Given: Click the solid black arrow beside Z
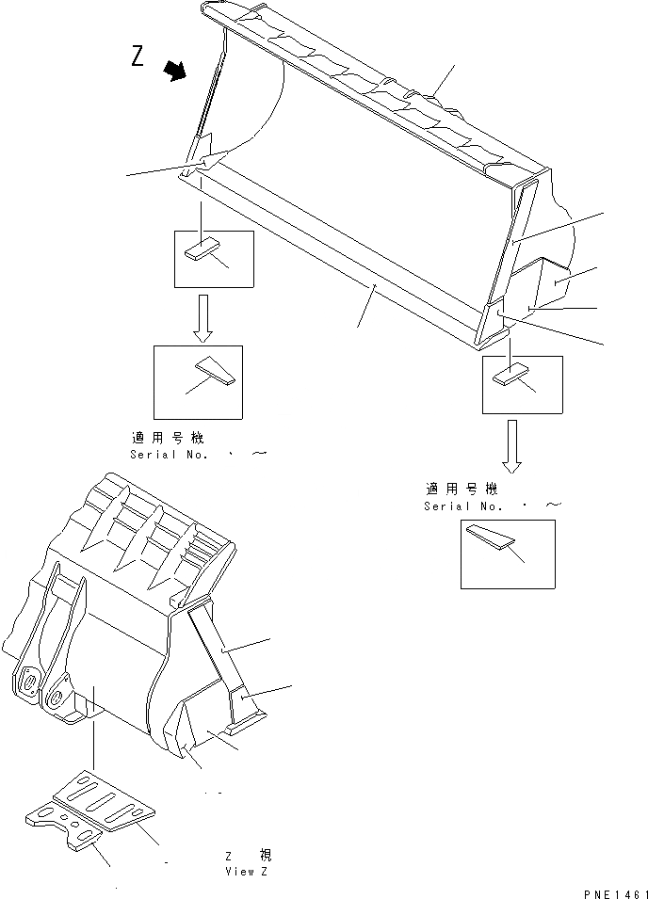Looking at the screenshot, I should (x=174, y=72).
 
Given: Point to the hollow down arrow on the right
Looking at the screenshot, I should (x=511, y=445).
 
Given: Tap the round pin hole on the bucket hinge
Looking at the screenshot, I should (x=28, y=680).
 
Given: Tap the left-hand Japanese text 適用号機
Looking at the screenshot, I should (x=167, y=439).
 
